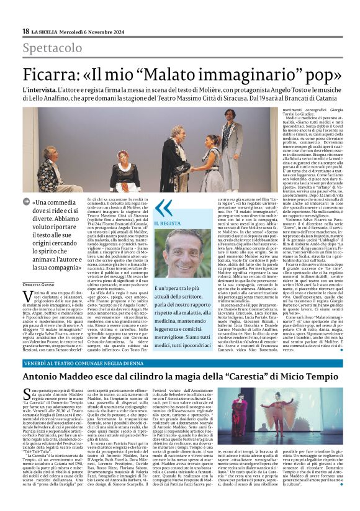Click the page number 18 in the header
[x=25, y=32]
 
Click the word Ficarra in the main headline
[x=56, y=75]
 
